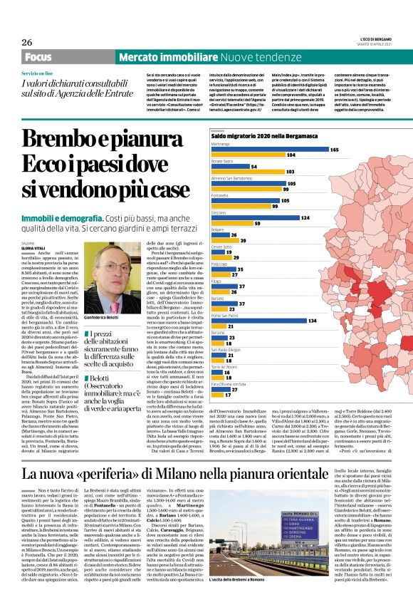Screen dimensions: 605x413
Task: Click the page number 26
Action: [27, 43]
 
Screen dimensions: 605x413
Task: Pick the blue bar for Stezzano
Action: [256, 217]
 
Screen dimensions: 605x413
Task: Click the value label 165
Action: [334, 150]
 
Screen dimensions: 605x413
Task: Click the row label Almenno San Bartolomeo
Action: [232, 177]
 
